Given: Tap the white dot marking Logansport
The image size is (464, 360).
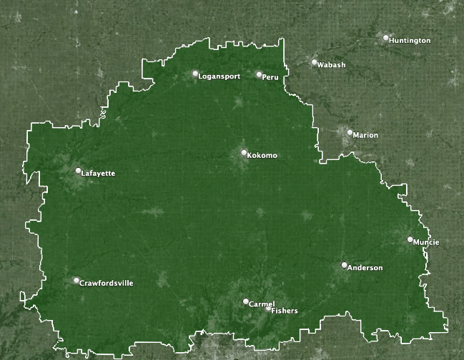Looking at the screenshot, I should (195, 73).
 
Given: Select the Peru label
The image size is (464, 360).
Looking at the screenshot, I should (270, 76).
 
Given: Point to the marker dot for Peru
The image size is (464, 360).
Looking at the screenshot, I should (259, 74).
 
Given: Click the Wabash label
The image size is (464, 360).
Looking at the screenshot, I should (331, 65).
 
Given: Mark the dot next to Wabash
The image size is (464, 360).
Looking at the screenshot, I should (314, 62).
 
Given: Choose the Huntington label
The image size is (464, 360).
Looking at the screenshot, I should (410, 41).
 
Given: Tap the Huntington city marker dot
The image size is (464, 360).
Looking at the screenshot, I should (386, 38).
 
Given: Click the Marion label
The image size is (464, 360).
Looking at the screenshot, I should (365, 135).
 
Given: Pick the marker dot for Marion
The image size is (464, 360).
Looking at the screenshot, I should (350, 132).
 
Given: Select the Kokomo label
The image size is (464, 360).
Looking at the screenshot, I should (262, 156).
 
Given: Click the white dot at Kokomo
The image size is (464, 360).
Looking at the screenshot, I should (244, 152).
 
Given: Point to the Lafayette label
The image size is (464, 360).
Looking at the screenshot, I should (99, 174).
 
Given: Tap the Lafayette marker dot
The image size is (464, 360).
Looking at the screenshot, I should (79, 171).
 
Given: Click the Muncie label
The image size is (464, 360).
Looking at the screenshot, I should (427, 242).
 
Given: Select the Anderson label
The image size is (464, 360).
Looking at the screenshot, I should (365, 268).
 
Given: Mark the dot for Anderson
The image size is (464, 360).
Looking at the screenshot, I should (344, 265).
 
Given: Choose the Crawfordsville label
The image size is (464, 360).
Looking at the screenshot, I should (106, 284).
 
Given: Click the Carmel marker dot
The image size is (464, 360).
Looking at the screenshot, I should (245, 301).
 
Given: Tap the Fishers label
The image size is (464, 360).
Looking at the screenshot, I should (285, 311).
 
